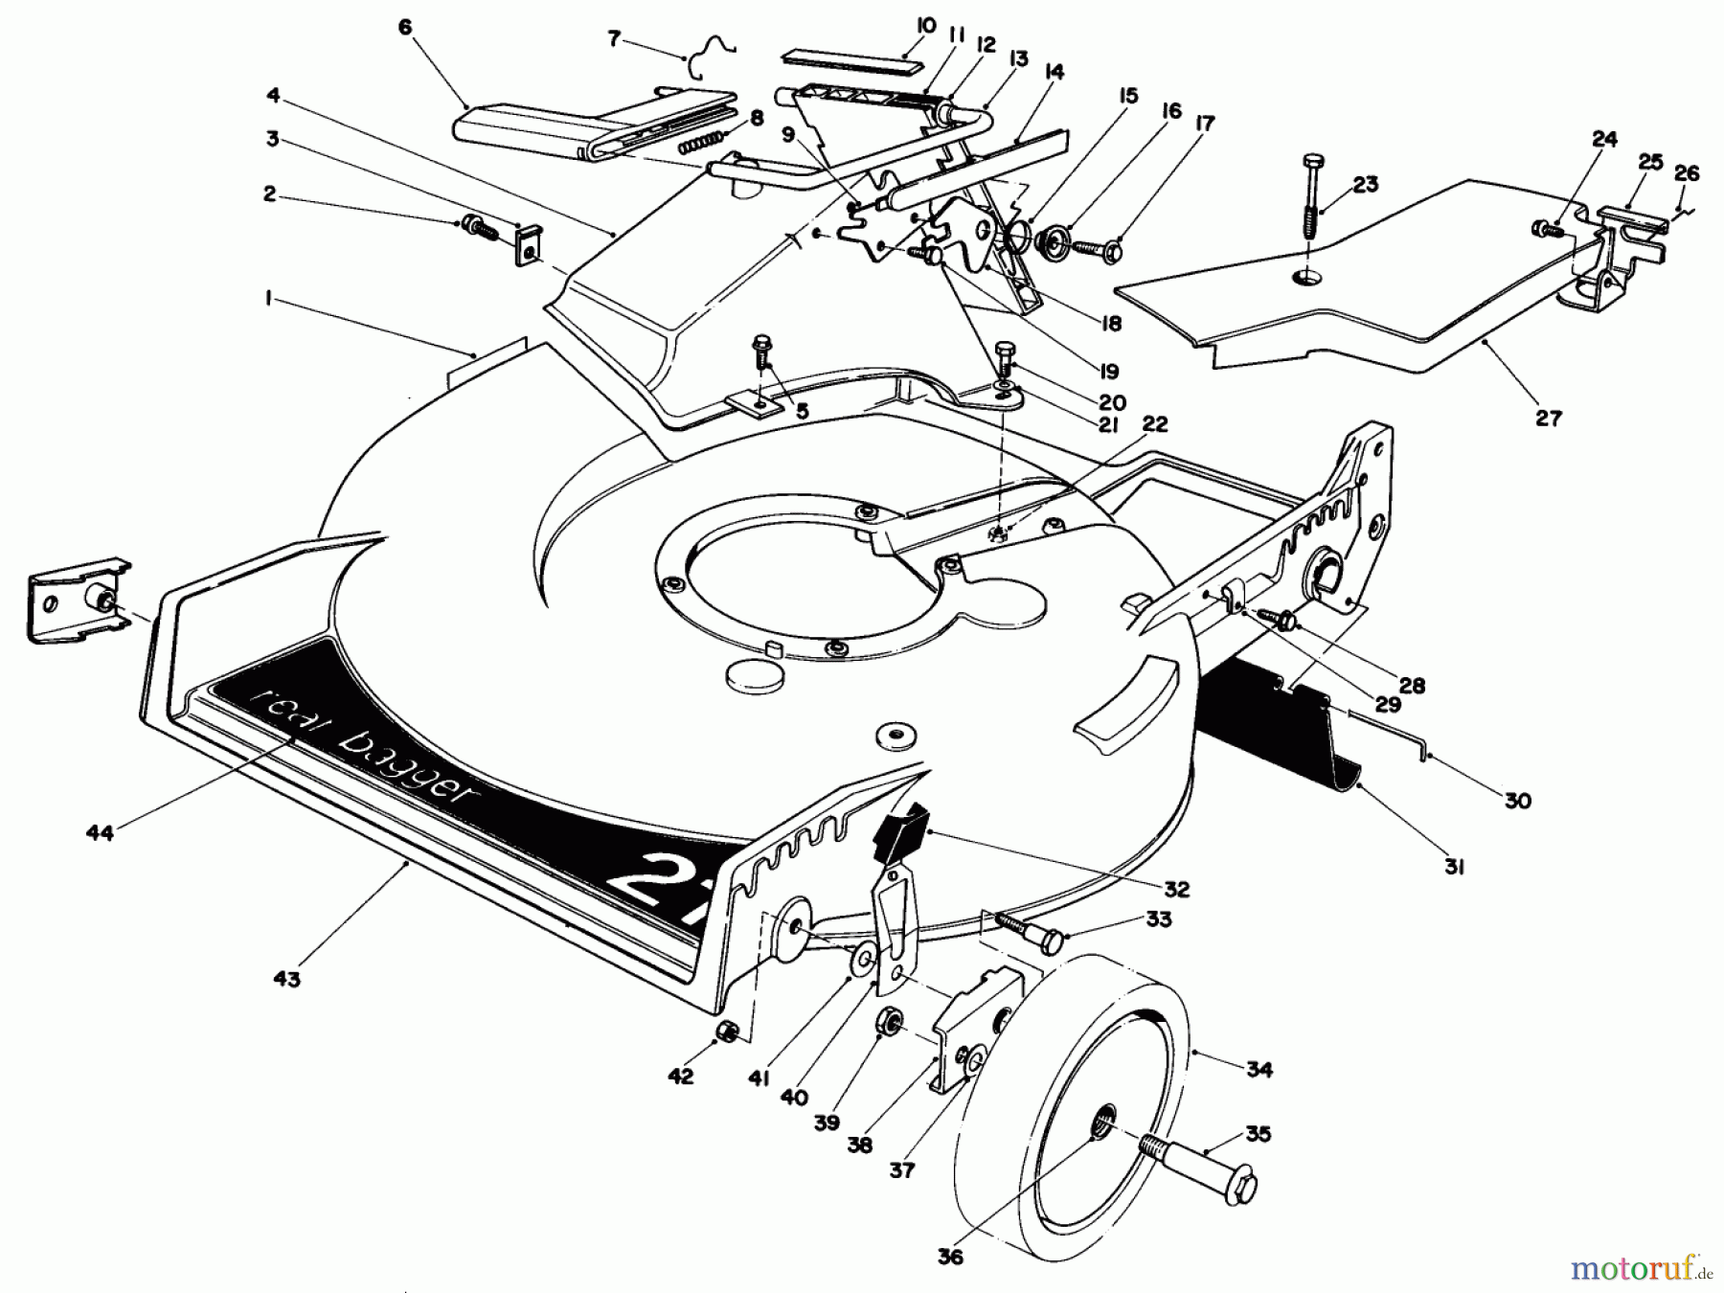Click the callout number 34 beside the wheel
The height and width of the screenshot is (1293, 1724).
pyautogui.click(x=1259, y=1069)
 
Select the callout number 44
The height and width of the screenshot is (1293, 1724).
pyautogui.click(x=100, y=832)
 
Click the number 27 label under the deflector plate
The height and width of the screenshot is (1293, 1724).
pyautogui.click(x=1548, y=418)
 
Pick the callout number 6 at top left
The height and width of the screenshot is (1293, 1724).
pyautogui.click(x=404, y=27)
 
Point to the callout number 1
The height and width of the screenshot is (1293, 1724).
pyautogui.click(x=269, y=300)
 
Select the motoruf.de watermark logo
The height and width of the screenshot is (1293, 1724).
pyautogui.click(x=1640, y=1268)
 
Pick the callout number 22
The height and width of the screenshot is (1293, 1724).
pyautogui.click(x=1155, y=424)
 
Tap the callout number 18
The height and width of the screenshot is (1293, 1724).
pyautogui.click(x=1110, y=324)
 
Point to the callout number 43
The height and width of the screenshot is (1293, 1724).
pyautogui.click(x=286, y=978)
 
